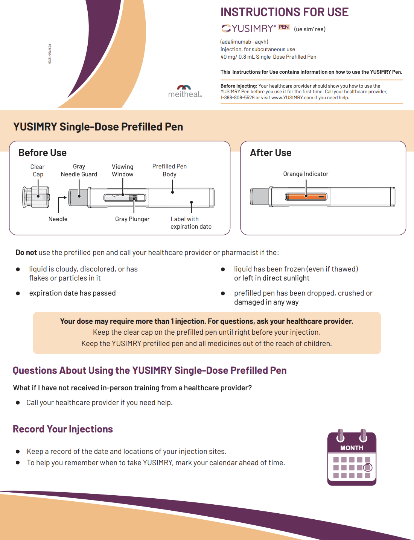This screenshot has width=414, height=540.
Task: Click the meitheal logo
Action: [x=185, y=91]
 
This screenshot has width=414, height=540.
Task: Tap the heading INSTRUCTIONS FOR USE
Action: [x=285, y=12]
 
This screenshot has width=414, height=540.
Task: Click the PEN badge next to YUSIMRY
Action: [x=284, y=27]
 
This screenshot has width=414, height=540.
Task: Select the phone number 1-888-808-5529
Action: [x=237, y=98]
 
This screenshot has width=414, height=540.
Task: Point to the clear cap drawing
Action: [x=36, y=197]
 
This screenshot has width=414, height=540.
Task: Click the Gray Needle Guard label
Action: [x=79, y=170]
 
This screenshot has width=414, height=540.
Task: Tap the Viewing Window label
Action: [x=122, y=170]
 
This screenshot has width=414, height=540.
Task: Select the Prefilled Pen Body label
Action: [x=169, y=170]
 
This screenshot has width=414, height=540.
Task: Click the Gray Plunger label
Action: [x=132, y=219]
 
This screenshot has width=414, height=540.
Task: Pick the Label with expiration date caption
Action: [x=191, y=223]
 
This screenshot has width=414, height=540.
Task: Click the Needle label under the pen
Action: [x=58, y=219]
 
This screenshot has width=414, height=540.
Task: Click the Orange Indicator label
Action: [x=306, y=174]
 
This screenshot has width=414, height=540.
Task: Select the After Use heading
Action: [x=271, y=153]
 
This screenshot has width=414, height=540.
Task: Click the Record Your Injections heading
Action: [x=63, y=429]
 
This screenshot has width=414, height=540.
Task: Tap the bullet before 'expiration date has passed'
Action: [x=18, y=293]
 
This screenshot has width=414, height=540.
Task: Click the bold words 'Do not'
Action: [x=26, y=253]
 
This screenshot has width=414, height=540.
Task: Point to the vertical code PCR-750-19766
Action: [x=49, y=54]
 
